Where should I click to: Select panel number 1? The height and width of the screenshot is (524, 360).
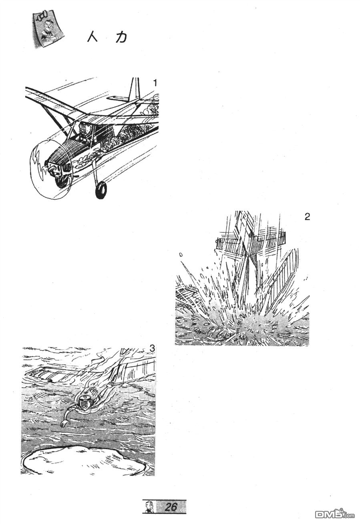[x=155, y=82]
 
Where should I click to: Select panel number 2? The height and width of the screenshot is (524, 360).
[x=307, y=217]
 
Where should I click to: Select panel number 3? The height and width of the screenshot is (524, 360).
[x=152, y=349]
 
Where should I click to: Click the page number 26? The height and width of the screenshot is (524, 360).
[x=171, y=507]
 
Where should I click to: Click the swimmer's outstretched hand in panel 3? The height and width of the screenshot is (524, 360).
[x=63, y=424]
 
